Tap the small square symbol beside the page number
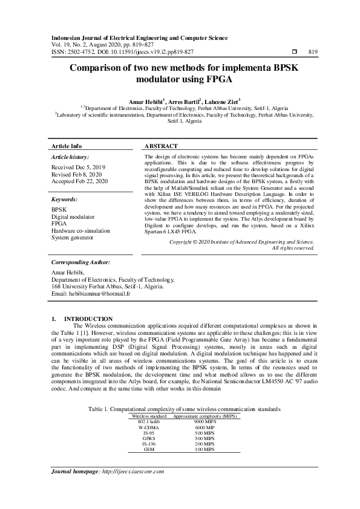(x=295, y=52)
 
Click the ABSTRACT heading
(x=161, y=146)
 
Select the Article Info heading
(x=67, y=146)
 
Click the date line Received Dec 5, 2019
(x=79, y=166)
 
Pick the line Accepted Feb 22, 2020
(x=80, y=181)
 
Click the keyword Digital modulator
(x=73, y=216)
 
